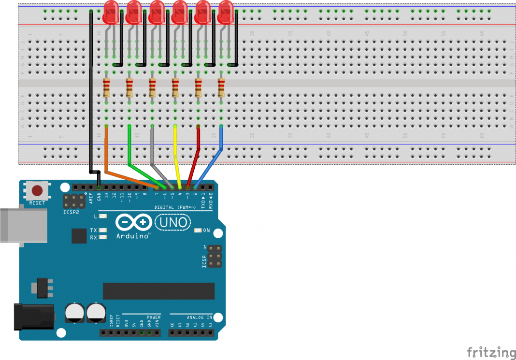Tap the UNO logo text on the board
173,222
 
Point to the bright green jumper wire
129,145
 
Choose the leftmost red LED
111,13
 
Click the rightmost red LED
226,13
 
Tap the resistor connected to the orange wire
106,87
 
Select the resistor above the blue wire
221,87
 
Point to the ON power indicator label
206,230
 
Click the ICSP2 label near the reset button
71,212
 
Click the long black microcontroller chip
158,291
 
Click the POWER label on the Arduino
154,317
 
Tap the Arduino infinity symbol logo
134,222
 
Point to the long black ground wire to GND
91,97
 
